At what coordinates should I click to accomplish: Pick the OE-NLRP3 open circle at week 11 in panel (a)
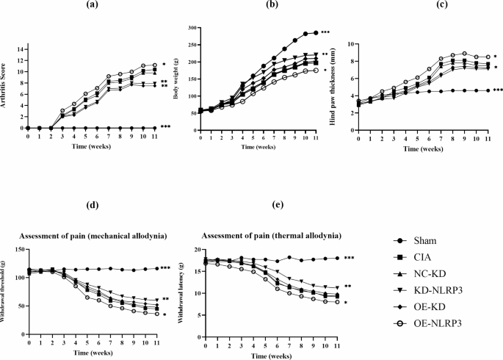click(x=155, y=65)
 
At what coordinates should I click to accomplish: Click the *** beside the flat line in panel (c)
click(x=498, y=90)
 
